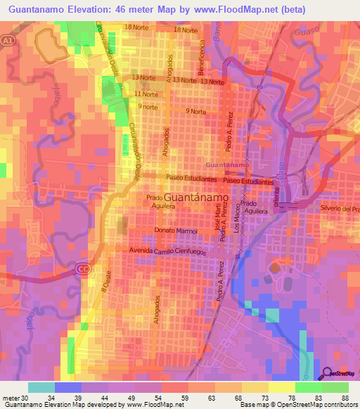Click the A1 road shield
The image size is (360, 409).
(6, 41)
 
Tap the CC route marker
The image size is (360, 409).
(82, 268)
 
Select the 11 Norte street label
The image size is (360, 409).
(146, 94)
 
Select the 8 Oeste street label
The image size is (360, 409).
(106, 284)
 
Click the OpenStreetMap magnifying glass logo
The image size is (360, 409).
(328, 374)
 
